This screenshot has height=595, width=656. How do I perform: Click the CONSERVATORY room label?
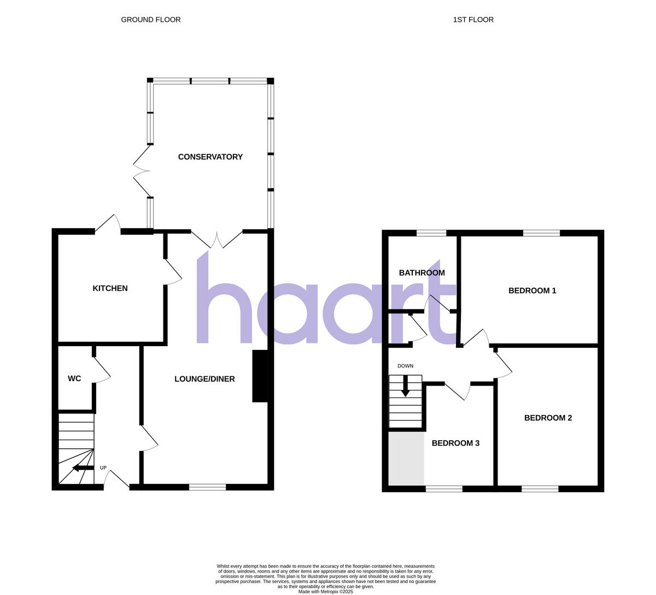(x=210, y=157)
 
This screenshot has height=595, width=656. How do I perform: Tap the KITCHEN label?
(x=110, y=288)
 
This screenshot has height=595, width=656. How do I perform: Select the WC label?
(x=74, y=378)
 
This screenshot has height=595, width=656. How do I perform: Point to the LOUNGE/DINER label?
(x=204, y=378)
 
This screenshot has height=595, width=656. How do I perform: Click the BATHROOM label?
(x=421, y=272)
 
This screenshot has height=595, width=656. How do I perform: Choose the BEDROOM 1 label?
(x=532, y=290)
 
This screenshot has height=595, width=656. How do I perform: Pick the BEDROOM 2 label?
(x=548, y=418)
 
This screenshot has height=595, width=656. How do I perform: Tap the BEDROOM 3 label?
(x=455, y=443)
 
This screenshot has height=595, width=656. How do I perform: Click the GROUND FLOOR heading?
(x=151, y=20)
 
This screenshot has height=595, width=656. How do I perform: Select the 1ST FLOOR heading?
(x=473, y=20)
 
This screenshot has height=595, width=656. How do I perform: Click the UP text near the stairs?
(x=103, y=468)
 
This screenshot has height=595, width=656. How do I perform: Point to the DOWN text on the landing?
(x=405, y=366)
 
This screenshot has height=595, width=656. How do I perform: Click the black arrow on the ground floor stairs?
(x=82, y=468)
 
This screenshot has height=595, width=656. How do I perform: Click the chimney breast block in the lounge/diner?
(x=260, y=376)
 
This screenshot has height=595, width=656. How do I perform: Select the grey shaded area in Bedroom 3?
(x=406, y=458)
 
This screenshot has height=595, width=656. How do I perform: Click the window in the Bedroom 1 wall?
(x=541, y=234)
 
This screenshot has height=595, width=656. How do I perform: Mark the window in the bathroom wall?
(x=431, y=234)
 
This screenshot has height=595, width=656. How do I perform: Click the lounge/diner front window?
(x=208, y=487)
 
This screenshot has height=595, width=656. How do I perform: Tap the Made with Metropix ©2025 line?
(x=326, y=591)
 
